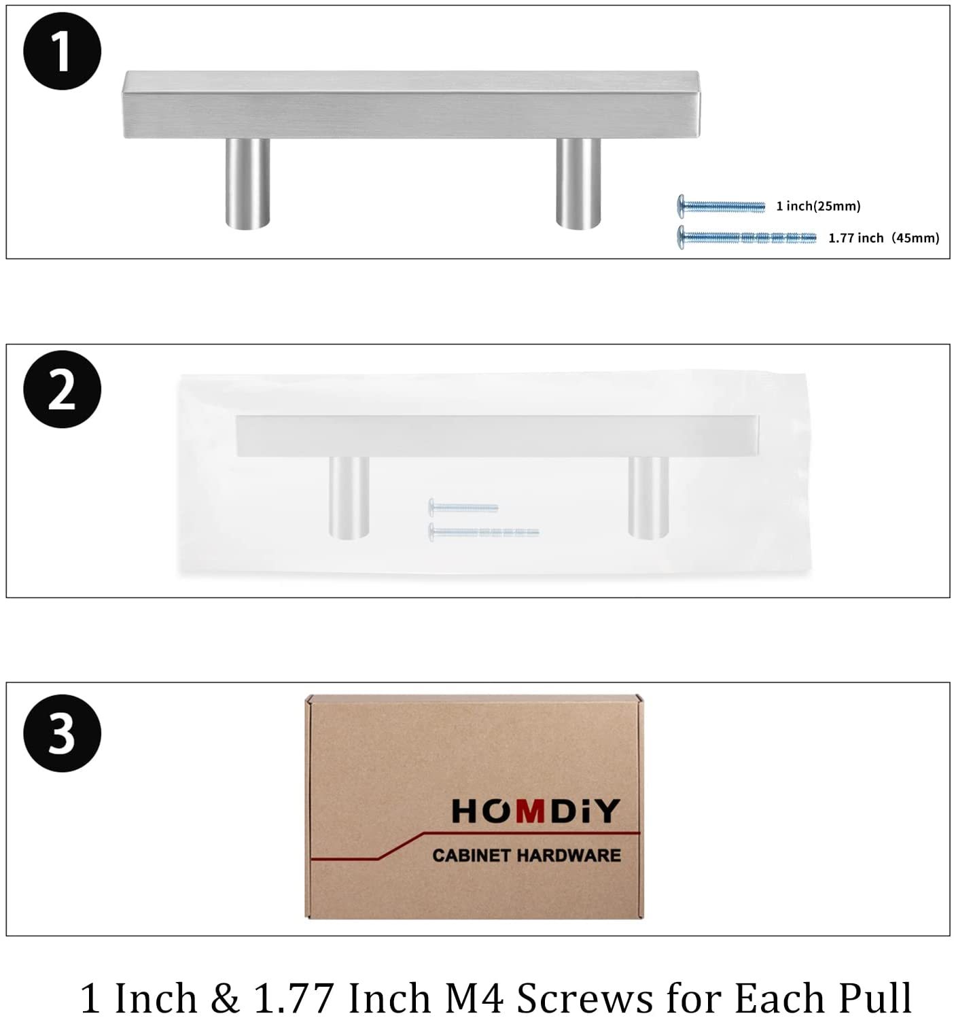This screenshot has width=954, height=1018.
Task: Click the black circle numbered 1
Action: pos(62,51)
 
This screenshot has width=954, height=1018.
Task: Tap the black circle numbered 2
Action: pos(62,389)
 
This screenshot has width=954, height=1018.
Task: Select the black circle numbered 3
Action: pos(62,733)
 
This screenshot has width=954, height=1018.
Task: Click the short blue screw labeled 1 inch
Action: pos(721,205)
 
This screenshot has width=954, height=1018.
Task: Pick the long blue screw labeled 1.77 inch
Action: pos(747,237)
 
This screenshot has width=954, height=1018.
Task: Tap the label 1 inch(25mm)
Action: pos(818,206)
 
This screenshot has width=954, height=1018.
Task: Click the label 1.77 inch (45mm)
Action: pos(883,238)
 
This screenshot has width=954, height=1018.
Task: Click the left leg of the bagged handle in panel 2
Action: pos(349,496)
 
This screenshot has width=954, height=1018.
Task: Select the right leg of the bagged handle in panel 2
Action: pos(648,496)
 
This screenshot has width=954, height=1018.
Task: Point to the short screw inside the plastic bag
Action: pos(463,507)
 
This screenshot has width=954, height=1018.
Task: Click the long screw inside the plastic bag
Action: pos(484,531)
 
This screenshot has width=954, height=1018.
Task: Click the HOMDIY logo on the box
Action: pos(535,811)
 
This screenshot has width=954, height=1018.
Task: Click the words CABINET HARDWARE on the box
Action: pos(527,855)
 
